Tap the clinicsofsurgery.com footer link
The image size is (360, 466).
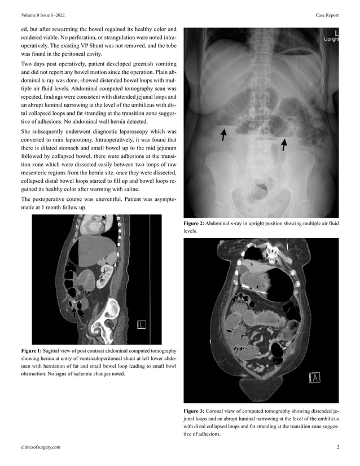[x=41, y=447]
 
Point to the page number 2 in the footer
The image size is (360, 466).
[x=337, y=447]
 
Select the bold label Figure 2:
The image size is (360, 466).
[x=194, y=224]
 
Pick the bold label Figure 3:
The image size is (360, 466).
[x=194, y=410]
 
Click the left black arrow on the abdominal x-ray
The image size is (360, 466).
[x=223, y=134]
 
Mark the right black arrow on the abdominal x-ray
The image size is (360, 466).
[x=284, y=145]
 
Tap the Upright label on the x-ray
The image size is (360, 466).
[x=331, y=39]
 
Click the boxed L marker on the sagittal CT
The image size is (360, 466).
[x=142, y=324]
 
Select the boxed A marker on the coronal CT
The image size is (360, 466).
[x=314, y=377]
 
